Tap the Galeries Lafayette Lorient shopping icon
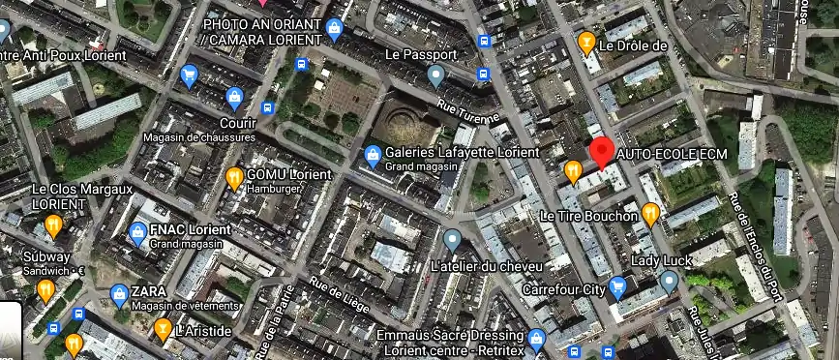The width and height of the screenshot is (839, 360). tap(372, 154)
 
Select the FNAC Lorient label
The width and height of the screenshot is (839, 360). tap(191, 230)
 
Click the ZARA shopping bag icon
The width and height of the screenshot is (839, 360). tap(118, 291)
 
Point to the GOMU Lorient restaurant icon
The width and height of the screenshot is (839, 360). tap(234, 177)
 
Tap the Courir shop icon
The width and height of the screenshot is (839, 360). tap(234, 97)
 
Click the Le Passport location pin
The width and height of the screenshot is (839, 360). tap(437, 74)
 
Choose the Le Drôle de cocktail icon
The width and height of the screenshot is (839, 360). tap(585, 43)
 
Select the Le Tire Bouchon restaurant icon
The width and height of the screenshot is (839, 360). tap(650, 214)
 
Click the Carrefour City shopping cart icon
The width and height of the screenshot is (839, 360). tap(616, 287)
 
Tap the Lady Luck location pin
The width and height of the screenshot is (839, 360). tap(669, 281)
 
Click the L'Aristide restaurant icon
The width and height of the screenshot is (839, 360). tap(163, 329)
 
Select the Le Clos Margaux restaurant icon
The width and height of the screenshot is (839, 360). tap(53, 225)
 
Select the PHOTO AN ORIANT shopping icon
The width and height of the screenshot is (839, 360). tap(335, 29)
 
